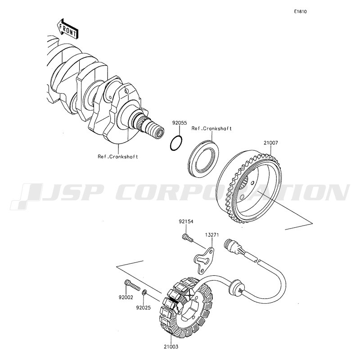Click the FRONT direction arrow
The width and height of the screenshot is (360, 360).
67,28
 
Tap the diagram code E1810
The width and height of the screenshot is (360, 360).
300,12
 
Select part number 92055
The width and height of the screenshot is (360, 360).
180,123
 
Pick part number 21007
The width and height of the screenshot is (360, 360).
271,143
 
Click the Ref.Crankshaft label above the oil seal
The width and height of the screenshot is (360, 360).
211,129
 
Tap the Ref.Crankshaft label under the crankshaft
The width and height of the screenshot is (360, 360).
118,157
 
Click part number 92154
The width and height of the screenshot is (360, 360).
186,221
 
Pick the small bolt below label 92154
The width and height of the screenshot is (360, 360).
188,238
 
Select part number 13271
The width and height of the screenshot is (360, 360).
211,235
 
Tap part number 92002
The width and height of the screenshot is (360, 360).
126,297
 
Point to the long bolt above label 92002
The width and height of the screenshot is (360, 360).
132,285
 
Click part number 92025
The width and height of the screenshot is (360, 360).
143,308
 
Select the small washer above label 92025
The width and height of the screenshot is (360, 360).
144,293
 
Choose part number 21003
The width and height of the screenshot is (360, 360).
171,346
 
